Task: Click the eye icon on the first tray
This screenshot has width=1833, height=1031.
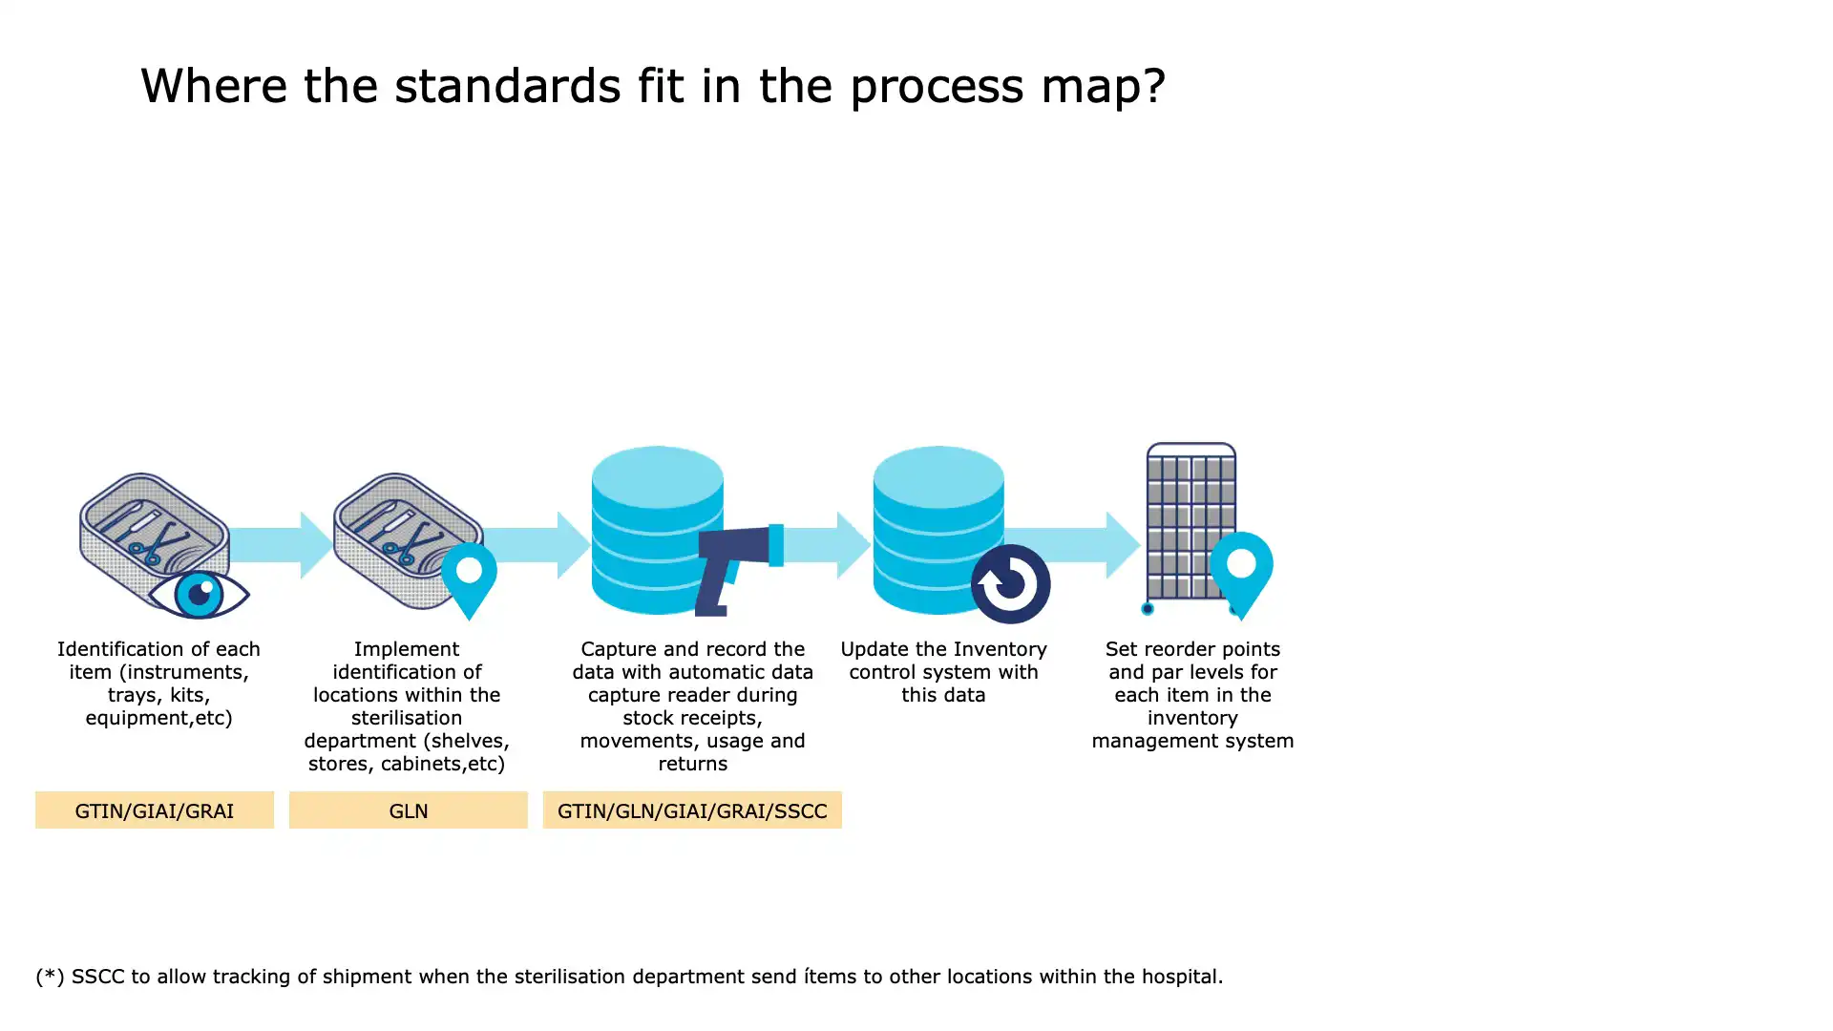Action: [199, 594]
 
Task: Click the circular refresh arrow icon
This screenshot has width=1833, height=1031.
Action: [1010, 583]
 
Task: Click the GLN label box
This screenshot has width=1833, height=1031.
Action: [408, 810]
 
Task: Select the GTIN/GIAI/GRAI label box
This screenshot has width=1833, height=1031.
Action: [155, 810]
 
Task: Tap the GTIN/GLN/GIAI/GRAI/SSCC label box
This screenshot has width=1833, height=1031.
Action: [692, 810]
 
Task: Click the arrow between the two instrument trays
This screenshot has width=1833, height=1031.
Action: [281, 544]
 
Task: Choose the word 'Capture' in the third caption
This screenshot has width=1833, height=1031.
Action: [618, 650]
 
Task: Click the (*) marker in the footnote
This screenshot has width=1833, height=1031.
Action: [50, 977]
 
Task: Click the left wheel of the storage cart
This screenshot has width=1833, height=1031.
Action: [1148, 608]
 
